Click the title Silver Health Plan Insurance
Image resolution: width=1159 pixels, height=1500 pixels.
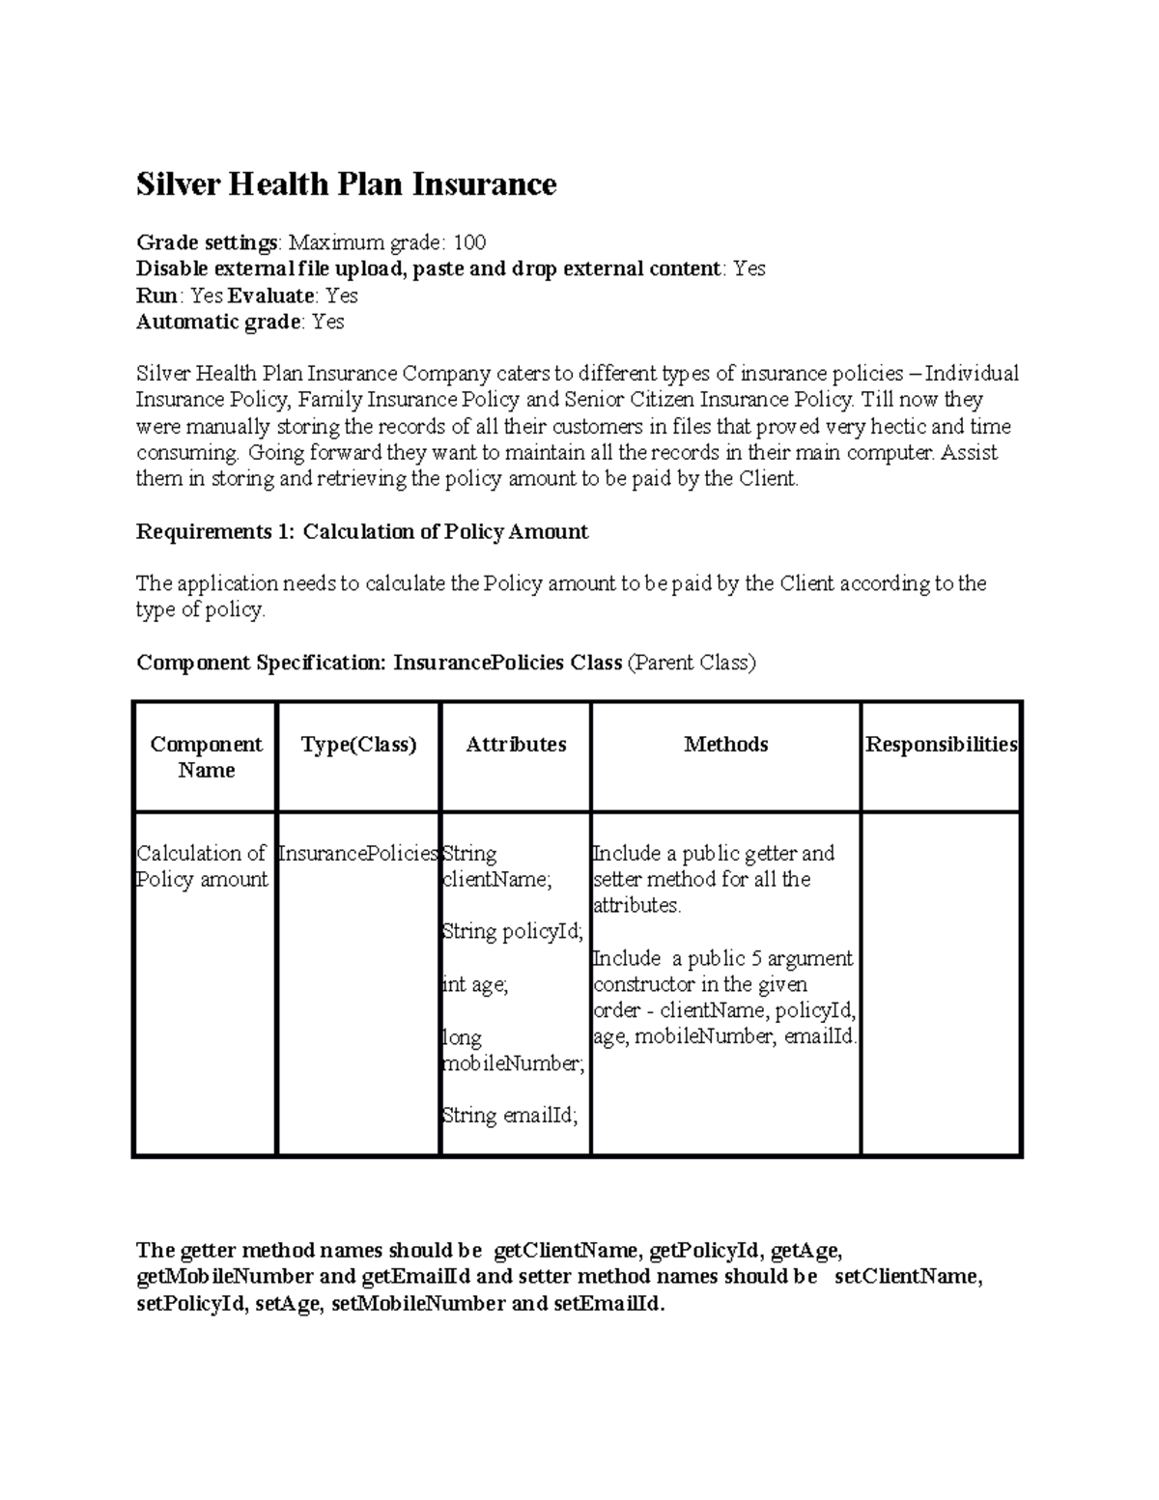346,184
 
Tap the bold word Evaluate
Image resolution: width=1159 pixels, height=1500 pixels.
270,296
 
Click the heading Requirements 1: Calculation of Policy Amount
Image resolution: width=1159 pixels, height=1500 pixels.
362,531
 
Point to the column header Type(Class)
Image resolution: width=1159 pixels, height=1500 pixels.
358,744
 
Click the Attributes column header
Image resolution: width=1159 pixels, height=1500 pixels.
516,744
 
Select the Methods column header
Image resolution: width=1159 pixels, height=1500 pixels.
725,744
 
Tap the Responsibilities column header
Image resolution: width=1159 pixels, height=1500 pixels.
941,744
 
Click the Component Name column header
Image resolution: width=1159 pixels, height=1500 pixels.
206,756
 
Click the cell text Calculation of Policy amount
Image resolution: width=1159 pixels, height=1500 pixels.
202,865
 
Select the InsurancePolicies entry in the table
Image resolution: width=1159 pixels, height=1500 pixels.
358,854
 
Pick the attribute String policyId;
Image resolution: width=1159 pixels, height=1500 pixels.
512,931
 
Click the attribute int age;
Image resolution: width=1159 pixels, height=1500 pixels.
474,984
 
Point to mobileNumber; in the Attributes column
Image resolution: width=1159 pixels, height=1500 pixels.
513,1063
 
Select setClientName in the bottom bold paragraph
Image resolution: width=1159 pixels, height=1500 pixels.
907,1277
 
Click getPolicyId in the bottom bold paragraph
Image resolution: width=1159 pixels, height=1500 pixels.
704,1251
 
